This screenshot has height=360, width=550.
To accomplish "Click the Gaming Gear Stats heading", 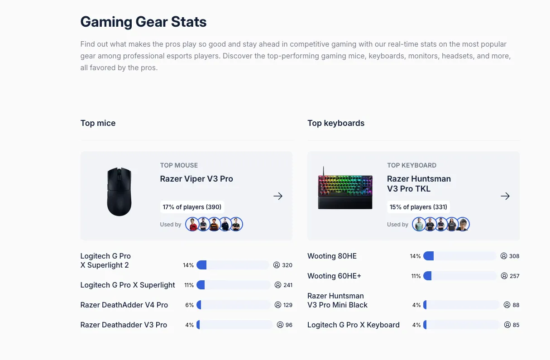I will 143,22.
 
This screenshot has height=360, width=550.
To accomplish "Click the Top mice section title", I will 98,123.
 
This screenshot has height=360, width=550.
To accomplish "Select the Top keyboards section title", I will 335,123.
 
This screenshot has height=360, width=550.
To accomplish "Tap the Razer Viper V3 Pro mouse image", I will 119,192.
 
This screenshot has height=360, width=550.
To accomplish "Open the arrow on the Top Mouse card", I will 278,196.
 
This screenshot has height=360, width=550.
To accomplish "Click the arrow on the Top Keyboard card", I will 505,196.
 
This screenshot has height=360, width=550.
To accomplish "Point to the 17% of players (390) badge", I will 192,207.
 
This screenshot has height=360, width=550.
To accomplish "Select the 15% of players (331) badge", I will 418,207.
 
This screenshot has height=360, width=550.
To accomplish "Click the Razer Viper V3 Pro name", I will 196,179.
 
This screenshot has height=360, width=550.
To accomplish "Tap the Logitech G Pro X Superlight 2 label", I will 105,260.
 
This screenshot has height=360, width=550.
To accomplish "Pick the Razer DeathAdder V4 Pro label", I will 124,305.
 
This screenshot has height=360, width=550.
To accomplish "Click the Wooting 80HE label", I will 332,256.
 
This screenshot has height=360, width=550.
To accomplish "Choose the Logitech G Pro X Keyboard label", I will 353,325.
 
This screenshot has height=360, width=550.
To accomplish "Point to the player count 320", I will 287,265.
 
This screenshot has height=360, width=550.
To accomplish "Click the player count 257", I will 514,276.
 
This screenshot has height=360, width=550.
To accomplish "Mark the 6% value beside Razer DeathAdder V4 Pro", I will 189,305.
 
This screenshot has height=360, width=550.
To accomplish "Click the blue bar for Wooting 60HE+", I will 427,276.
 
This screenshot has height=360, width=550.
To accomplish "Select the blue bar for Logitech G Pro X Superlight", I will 201,285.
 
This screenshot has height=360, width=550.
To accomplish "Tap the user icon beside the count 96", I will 280,325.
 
